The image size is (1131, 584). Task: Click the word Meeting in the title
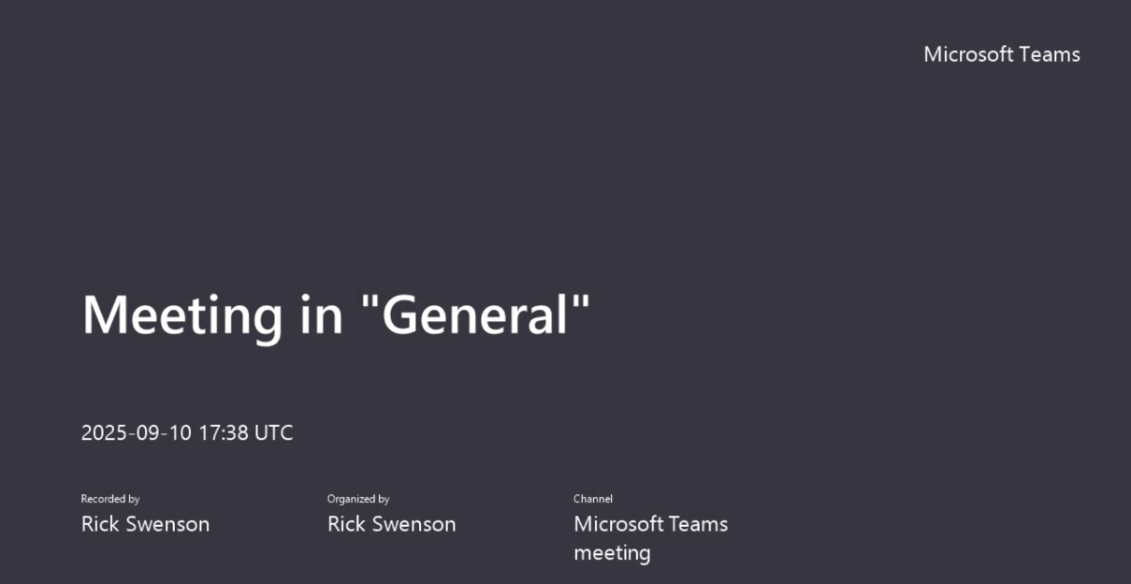[182, 315]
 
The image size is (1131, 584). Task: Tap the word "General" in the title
[475, 314]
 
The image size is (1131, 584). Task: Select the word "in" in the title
[322, 314]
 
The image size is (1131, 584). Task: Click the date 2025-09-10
[137, 433]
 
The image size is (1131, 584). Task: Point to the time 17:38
[224, 433]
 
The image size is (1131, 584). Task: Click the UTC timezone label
[274, 433]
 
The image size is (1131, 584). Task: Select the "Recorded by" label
[110, 499]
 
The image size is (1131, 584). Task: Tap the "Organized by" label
[358, 499]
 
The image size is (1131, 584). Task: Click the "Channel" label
[593, 499]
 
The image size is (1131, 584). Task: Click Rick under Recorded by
[100, 524]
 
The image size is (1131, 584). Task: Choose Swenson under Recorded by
[167, 524]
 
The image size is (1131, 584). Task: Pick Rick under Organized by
[346, 524]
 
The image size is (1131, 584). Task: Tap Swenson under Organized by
[414, 524]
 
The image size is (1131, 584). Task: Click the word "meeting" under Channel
[612, 554]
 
